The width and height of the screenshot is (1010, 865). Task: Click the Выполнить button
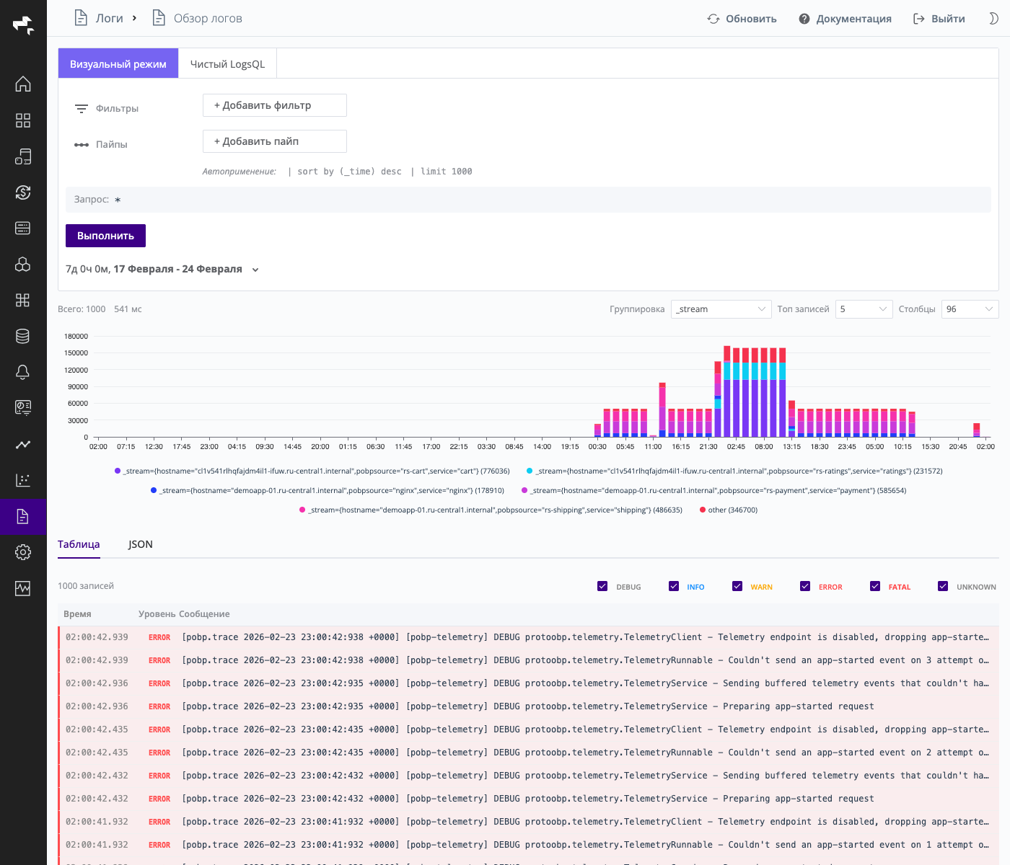point(105,236)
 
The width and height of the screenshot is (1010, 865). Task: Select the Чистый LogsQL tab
point(227,64)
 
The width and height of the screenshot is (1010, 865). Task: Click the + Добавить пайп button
point(274,141)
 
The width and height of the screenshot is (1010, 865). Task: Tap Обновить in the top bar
point(742,19)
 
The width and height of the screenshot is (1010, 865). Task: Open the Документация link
point(845,19)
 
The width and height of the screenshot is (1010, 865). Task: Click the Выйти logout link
point(939,19)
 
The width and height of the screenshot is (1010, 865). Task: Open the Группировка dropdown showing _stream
point(721,309)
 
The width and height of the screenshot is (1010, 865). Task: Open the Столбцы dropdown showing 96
point(970,309)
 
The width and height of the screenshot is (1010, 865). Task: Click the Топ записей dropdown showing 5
point(864,309)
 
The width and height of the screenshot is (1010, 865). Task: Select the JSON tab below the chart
point(141,544)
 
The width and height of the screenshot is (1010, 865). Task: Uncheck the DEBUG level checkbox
point(602,586)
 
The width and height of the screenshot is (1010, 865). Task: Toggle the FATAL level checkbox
point(875,586)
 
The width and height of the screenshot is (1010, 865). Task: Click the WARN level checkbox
point(737,586)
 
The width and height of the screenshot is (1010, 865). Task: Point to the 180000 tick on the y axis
point(76,337)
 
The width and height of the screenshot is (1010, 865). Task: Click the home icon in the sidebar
point(23,84)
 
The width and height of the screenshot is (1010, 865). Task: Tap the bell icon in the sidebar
point(23,372)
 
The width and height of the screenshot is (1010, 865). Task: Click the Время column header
point(77,614)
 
